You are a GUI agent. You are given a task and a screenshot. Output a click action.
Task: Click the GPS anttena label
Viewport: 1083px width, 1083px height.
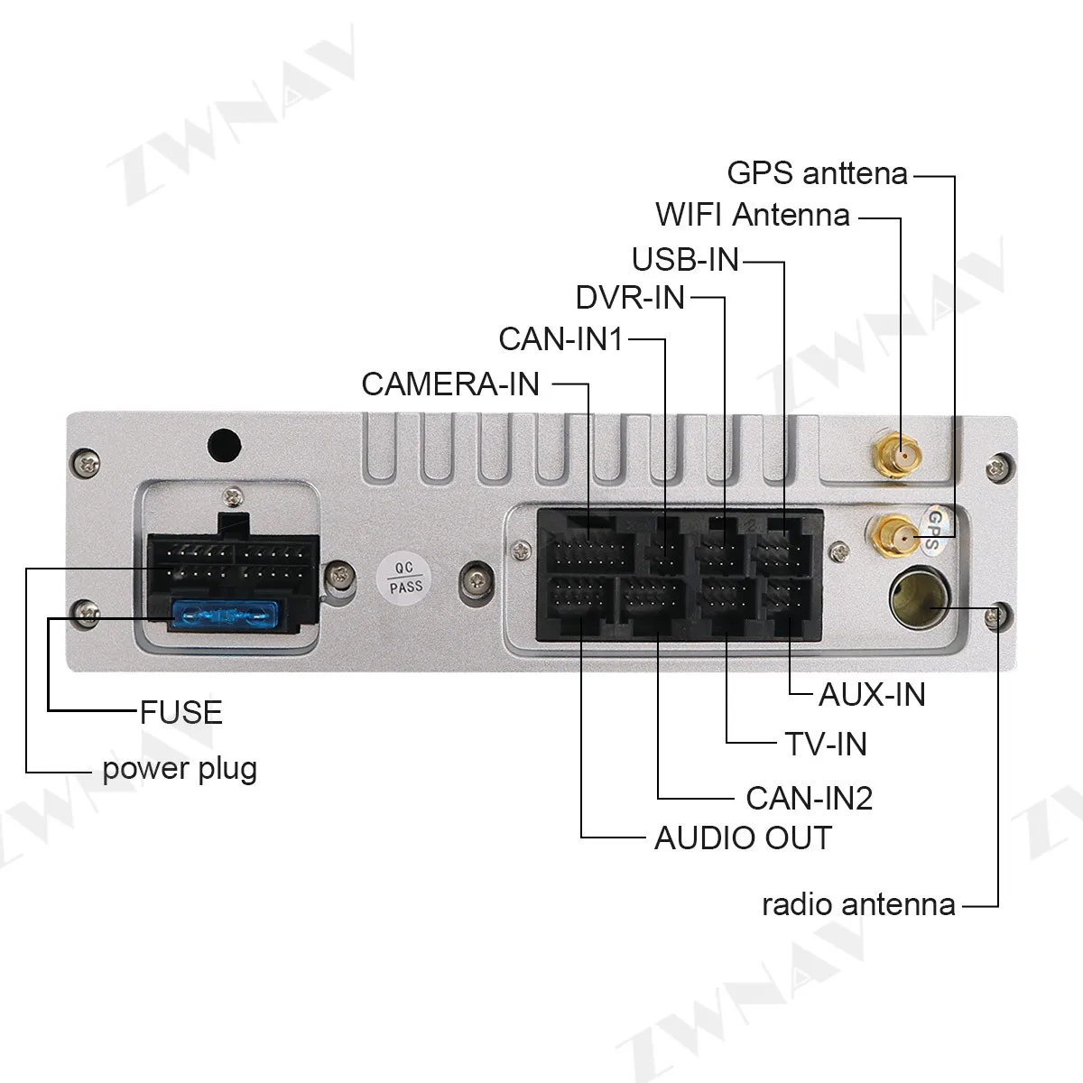[x=817, y=171]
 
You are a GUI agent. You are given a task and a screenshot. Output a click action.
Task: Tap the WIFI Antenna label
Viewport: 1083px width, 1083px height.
[x=753, y=215]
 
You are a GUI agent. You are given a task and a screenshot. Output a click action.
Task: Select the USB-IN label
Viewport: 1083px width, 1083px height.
[x=685, y=260]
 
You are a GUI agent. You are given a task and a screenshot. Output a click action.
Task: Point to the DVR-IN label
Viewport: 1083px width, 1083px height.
[x=630, y=297]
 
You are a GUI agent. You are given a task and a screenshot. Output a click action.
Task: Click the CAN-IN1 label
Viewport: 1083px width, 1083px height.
[x=560, y=339]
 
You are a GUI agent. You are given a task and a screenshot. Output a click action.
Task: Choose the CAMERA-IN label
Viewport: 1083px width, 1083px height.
[x=450, y=384]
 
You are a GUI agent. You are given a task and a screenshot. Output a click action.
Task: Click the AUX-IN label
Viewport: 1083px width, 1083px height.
[x=872, y=694]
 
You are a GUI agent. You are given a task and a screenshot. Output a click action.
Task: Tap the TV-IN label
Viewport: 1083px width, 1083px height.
[x=825, y=744]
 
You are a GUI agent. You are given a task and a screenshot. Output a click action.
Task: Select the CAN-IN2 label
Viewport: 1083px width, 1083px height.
[x=809, y=798]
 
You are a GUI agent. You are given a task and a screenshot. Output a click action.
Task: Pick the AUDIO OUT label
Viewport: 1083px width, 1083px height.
[x=742, y=838]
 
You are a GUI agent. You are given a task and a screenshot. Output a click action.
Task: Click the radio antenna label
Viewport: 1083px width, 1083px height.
[x=858, y=904]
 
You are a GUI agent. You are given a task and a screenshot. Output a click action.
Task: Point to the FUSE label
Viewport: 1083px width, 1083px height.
[x=180, y=712]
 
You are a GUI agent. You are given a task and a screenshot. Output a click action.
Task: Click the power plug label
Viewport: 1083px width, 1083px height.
[x=180, y=769]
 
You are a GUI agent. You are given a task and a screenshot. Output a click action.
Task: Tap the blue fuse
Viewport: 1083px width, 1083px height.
[x=222, y=616]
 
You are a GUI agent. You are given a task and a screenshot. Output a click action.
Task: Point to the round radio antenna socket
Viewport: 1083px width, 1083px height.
[x=915, y=599]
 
